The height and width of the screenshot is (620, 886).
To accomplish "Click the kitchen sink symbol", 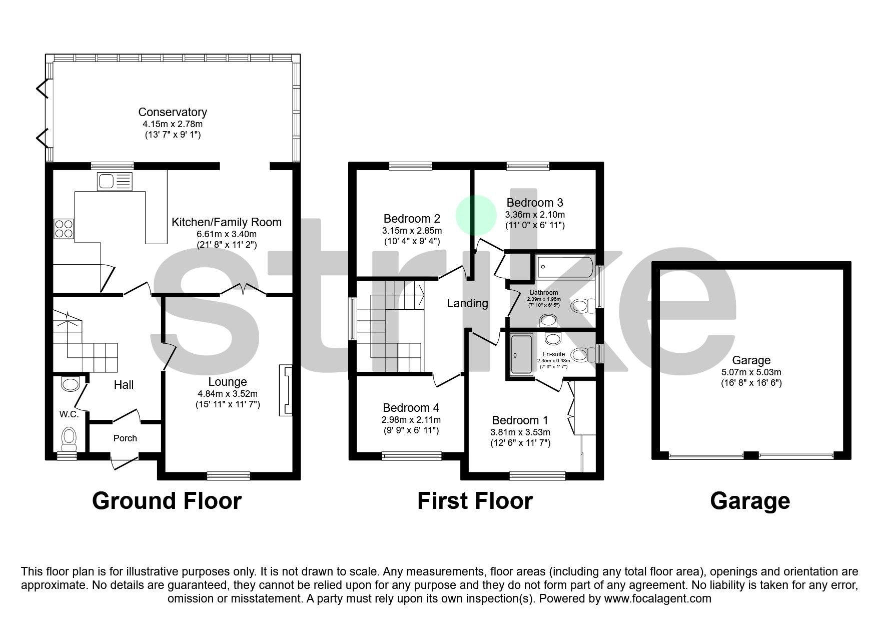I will (x=116, y=181).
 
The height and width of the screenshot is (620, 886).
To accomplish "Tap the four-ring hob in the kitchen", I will (x=63, y=229).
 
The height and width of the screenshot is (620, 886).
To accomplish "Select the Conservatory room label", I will (x=173, y=112).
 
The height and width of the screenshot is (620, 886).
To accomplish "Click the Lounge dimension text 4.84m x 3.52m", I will (x=228, y=394).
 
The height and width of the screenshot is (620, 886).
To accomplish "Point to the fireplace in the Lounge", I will (x=286, y=390).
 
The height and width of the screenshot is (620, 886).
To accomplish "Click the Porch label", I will (x=125, y=438).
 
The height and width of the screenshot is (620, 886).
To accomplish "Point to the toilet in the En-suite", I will (x=580, y=355).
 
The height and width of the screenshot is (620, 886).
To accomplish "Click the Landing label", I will (x=467, y=303).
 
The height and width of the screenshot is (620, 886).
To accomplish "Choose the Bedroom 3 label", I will (x=534, y=203).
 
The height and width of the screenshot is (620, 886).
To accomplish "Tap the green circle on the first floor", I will (x=476, y=215).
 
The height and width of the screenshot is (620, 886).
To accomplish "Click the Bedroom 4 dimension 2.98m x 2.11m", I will (x=411, y=420).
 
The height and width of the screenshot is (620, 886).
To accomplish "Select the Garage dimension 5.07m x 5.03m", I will (x=751, y=372).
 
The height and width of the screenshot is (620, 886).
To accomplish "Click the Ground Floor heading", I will (x=167, y=501).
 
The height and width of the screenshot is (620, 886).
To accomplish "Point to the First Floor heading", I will (x=475, y=501).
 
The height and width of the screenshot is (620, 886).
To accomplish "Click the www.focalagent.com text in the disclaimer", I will (x=657, y=598).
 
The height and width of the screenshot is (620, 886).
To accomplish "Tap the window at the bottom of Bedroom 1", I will (x=538, y=476).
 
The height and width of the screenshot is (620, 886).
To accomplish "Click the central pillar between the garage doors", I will (x=750, y=455).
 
